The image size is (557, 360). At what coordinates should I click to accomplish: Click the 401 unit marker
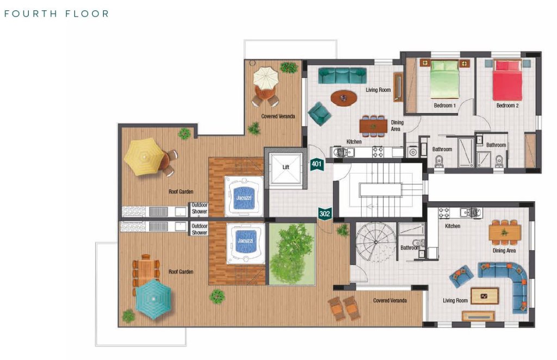(317, 164)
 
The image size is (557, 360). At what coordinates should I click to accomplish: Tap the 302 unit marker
(325, 214)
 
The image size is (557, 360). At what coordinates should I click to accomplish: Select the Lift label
(286, 167)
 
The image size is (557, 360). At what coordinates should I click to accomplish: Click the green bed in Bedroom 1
(444, 79)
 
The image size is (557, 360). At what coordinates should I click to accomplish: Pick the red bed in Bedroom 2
(508, 80)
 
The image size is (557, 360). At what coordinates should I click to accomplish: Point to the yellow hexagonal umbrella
(144, 157)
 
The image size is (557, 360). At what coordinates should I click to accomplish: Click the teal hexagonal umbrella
(153, 299)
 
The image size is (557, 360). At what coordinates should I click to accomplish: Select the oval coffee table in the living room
(344, 98)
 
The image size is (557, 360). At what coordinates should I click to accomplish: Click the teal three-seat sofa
(342, 76)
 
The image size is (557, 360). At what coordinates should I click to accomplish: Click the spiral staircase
(376, 243)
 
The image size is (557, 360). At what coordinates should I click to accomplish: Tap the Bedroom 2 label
(508, 105)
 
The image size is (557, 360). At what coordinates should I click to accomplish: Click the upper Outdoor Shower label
(199, 208)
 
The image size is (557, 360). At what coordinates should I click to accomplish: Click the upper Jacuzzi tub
(244, 196)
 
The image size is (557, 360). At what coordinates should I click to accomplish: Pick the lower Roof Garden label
(181, 272)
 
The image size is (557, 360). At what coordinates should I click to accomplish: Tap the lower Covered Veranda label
(389, 300)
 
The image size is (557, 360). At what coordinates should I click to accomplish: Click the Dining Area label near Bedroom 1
(397, 126)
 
